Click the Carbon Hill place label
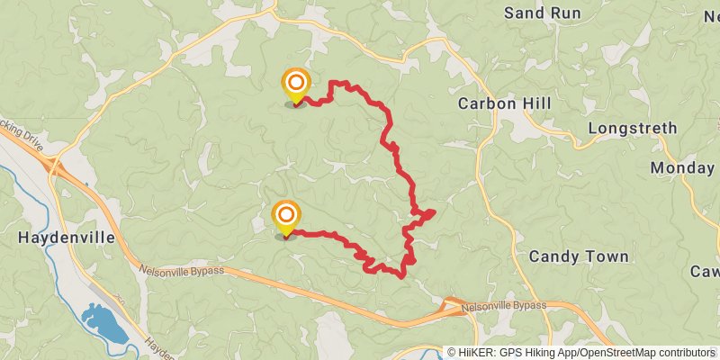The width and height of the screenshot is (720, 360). [504, 103]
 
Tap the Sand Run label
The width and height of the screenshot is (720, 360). [542, 13]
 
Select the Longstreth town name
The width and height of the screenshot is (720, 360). [632, 129]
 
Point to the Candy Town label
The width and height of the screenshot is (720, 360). [579, 256]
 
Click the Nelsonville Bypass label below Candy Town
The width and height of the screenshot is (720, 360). [504, 307]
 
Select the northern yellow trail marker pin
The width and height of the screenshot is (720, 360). [294, 86]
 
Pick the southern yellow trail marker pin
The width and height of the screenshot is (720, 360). [285, 217]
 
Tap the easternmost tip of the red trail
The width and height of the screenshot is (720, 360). [435, 211]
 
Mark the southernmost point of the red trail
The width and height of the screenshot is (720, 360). [400, 276]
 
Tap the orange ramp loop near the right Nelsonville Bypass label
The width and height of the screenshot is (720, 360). [451, 307]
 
